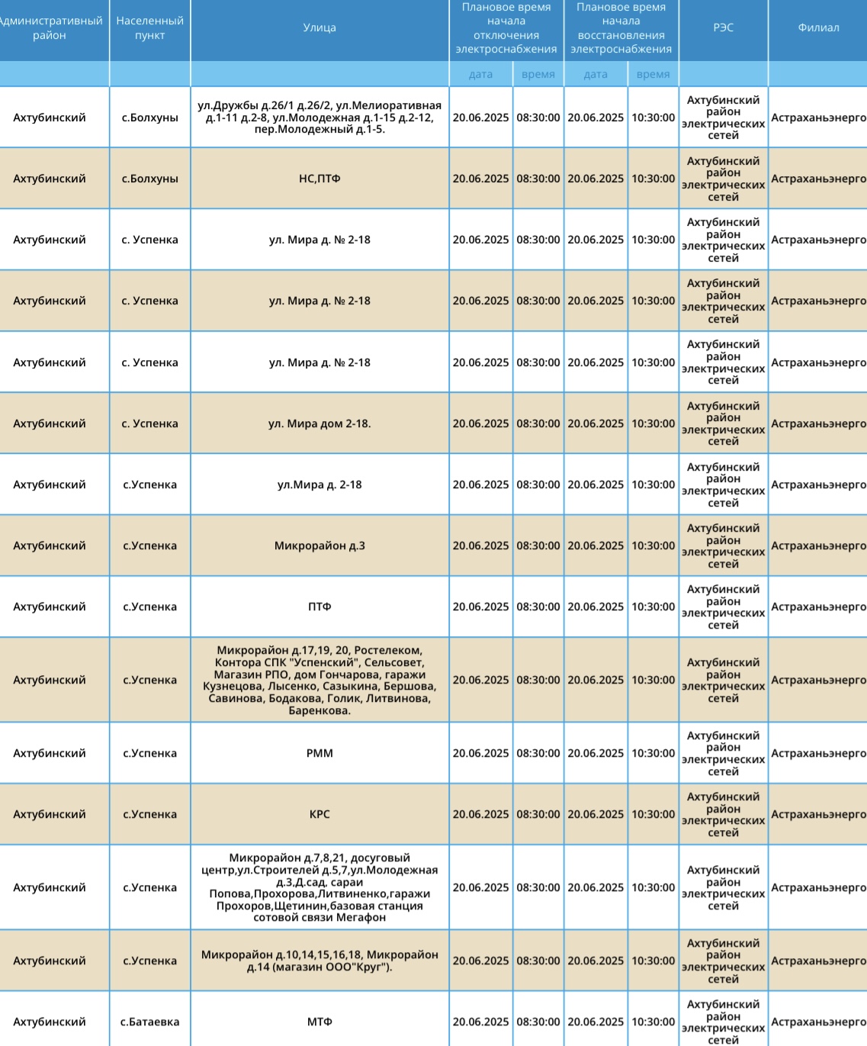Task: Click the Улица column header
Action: pos(320,27)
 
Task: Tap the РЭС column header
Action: pos(723,27)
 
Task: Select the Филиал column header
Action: pos(818,27)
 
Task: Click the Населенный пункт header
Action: pos(149,28)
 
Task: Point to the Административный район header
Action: pos(50,28)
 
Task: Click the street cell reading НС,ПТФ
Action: pos(320,179)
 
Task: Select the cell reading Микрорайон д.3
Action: pos(320,546)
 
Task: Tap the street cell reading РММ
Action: pos(320,753)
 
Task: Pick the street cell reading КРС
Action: pos(320,814)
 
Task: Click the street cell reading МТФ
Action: pos(320,1022)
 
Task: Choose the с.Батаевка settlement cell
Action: pos(149,1022)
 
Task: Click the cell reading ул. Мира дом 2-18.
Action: pos(320,423)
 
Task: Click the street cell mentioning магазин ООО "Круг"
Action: pos(320,961)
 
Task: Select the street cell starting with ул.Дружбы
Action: pos(320,117)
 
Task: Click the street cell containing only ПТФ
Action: pos(320,607)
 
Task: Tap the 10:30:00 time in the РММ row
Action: pos(653,753)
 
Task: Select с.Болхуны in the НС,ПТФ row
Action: pos(149,179)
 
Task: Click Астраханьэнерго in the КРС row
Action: pos(818,814)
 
